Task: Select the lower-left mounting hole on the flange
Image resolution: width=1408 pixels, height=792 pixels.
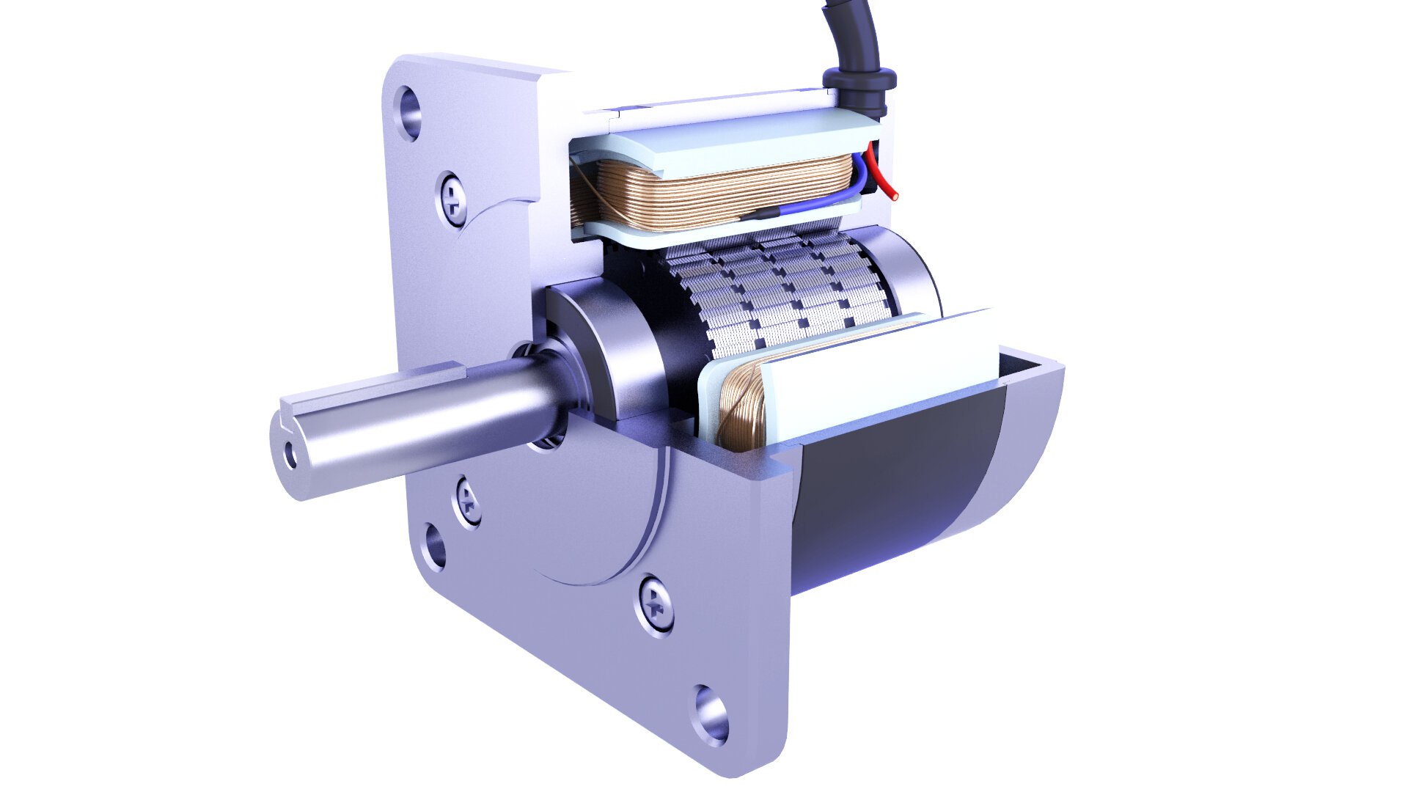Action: [x=434, y=546]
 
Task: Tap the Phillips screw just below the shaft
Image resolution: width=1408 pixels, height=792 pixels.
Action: [x=469, y=502]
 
